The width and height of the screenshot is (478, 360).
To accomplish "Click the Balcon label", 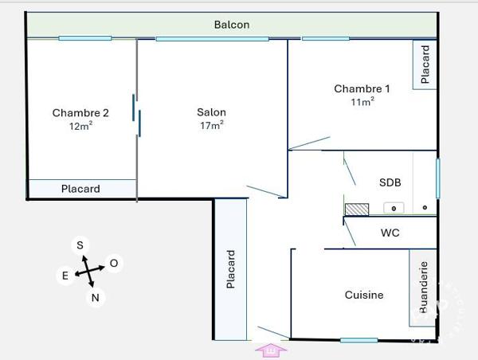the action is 232,25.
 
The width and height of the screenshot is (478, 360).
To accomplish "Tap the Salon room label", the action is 211,112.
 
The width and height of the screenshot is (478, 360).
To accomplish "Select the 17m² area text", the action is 212,125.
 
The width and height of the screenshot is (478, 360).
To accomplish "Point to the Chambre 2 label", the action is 80,113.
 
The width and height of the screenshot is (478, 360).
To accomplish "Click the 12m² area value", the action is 80,126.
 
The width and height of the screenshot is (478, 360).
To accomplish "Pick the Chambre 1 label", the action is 362,88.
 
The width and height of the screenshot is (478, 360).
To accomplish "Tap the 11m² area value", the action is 362,101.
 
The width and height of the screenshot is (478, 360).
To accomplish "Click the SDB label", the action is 390,182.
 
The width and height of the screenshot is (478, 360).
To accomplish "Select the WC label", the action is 390,233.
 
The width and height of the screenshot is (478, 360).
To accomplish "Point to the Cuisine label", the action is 364,295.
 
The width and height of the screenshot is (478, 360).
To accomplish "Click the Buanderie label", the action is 424,288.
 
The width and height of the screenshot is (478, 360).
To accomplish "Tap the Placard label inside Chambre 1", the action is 425,65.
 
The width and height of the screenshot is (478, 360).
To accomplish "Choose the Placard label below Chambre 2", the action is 80,189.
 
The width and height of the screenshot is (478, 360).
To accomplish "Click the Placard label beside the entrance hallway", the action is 231,269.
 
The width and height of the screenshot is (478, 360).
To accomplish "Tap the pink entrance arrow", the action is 271,350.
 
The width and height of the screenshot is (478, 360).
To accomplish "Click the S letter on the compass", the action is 80,245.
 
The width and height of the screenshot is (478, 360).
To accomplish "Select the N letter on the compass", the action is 96,298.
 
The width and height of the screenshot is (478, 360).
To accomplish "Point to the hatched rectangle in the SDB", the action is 357,209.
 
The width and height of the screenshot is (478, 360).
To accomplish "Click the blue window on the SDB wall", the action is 438,178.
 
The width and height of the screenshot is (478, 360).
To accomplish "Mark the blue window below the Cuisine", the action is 358,340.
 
